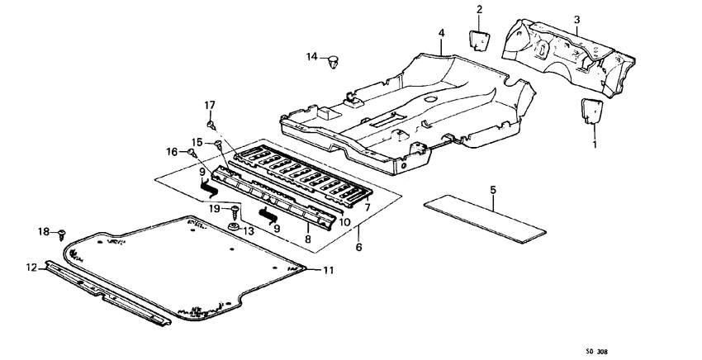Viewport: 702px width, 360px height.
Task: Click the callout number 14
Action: pyautogui.click(x=311, y=56)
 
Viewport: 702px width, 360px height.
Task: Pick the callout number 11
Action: pyautogui.click(x=329, y=270)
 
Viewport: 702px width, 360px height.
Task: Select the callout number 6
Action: pyautogui.click(x=358, y=246)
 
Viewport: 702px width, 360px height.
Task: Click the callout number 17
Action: pyautogui.click(x=210, y=105)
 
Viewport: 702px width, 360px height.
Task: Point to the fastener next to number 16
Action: pyautogui.click(x=192, y=152)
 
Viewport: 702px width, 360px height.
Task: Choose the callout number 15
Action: pyautogui.click(x=197, y=142)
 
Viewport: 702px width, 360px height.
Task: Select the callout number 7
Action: pyautogui.click(x=367, y=206)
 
